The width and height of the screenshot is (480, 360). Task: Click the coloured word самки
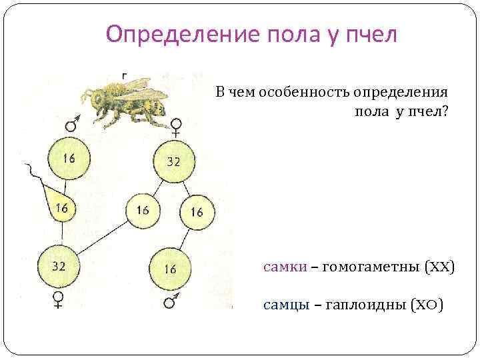click(285, 267)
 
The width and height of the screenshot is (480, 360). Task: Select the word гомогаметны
click(366, 267)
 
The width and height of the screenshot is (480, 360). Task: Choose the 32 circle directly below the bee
click(173, 162)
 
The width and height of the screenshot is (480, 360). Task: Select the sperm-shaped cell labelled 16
click(60, 207)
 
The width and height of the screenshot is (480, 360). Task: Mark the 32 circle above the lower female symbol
click(59, 266)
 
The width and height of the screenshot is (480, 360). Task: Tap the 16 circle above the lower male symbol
click(169, 269)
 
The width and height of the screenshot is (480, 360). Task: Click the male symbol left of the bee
click(72, 123)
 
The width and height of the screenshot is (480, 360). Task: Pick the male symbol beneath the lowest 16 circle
click(171, 302)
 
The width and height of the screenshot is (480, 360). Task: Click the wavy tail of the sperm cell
click(33, 175)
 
